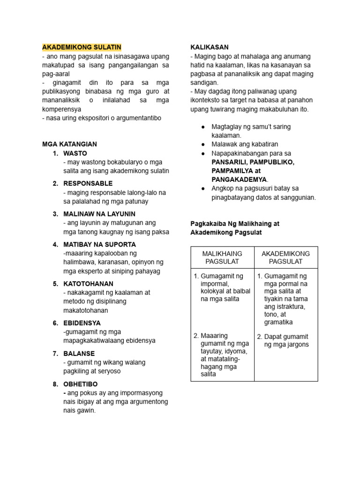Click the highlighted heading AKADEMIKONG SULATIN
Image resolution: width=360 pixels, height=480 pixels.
(x=82, y=47)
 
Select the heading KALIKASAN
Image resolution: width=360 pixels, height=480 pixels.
(x=209, y=47)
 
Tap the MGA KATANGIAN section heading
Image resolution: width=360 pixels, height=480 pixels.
(x=69, y=144)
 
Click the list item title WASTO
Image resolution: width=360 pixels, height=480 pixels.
(x=75, y=153)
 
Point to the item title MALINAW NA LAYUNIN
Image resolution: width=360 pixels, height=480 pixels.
(x=99, y=214)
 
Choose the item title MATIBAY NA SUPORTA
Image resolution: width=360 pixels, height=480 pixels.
(x=99, y=244)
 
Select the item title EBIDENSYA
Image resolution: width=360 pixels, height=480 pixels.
(x=82, y=323)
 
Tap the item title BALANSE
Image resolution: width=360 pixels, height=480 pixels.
(x=79, y=353)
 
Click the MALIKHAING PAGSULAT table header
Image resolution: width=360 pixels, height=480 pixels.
(x=222, y=257)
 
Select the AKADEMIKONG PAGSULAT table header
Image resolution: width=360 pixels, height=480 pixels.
(x=286, y=257)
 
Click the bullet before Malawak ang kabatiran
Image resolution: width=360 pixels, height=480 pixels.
(x=202, y=144)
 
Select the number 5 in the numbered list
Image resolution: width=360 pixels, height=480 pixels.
(x=55, y=284)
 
